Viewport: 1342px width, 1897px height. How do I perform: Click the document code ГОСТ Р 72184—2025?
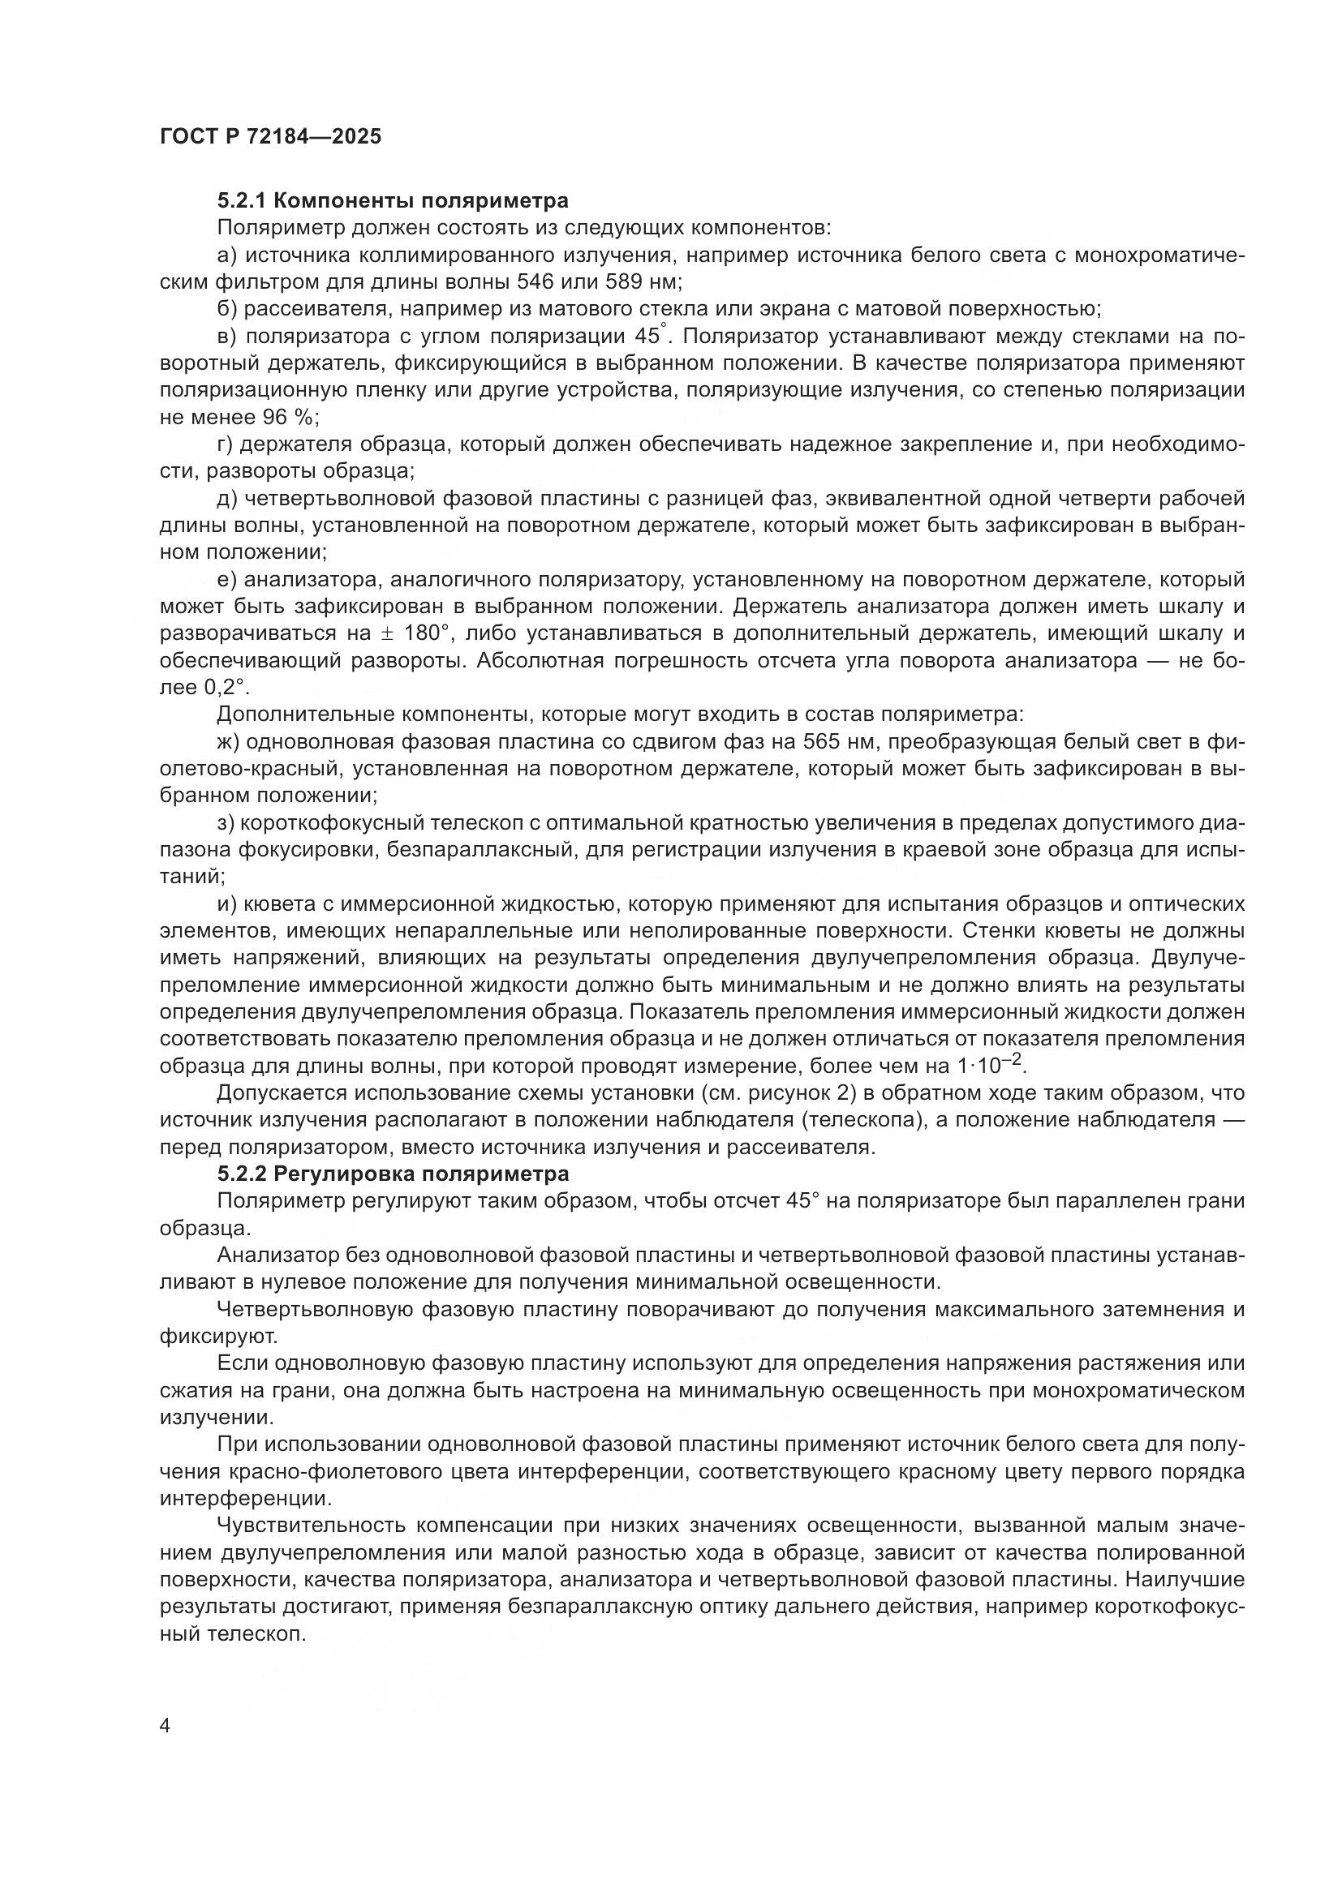click(270, 137)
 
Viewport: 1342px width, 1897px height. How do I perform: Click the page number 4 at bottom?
click(166, 1726)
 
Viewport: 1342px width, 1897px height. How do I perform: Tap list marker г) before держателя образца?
click(226, 444)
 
